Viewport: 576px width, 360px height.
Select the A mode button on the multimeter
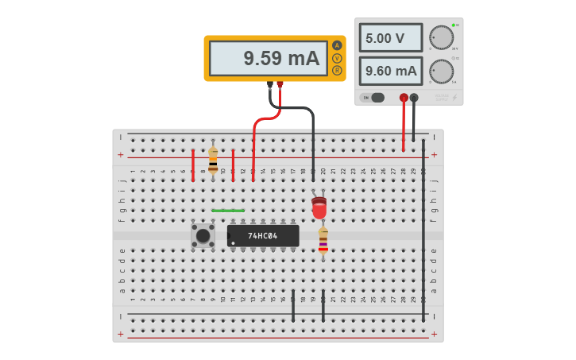(x=337, y=45)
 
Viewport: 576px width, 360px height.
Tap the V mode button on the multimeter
(x=337, y=58)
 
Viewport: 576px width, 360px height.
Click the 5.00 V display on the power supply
(x=390, y=38)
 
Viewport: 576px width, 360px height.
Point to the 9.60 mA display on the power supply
(x=390, y=71)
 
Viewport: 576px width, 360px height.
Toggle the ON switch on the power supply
(x=373, y=98)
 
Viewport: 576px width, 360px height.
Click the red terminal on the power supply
(x=404, y=98)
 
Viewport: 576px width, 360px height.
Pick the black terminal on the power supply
(x=414, y=98)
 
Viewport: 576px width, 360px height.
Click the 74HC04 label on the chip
(x=262, y=236)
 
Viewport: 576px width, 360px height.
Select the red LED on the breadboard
(x=319, y=208)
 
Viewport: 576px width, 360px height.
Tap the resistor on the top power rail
(x=213, y=159)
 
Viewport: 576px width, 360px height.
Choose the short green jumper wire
(x=228, y=211)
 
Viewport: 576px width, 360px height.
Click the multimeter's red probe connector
(x=280, y=84)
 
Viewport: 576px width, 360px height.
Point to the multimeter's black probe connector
(x=270, y=84)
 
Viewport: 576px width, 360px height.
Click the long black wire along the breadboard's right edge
(x=423, y=230)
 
